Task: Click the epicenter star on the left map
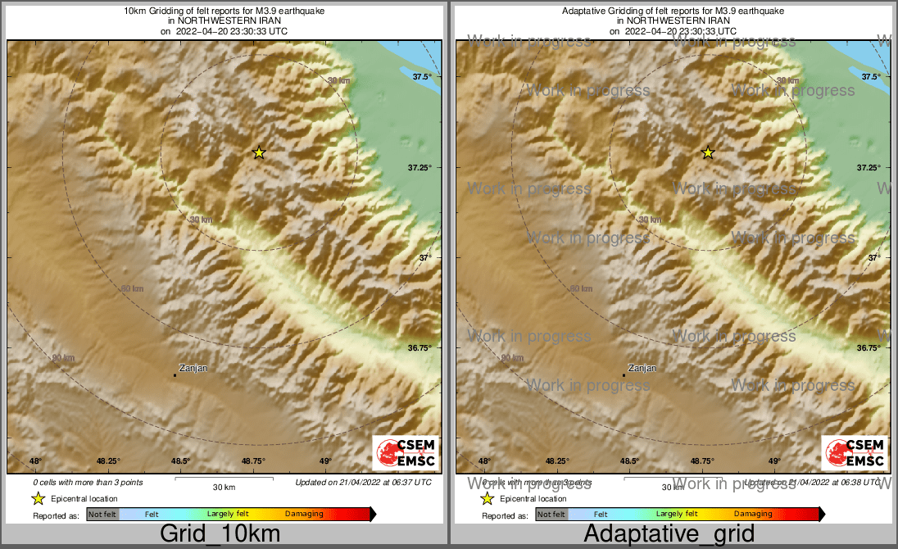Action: pyautogui.click(x=259, y=152)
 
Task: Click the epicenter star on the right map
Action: pyautogui.click(x=708, y=152)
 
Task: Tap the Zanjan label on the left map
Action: pyautogui.click(x=193, y=368)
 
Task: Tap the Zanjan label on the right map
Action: pyautogui.click(x=642, y=368)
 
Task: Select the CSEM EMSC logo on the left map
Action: pyautogui.click(x=406, y=453)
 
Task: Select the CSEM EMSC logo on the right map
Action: pyautogui.click(x=855, y=453)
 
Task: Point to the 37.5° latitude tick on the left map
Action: pyautogui.click(x=422, y=77)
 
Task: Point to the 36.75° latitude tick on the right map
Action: pyautogui.click(x=869, y=348)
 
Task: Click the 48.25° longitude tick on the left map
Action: pyautogui.click(x=108, y=461)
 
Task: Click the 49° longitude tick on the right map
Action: pyautogui.click(x=774, y=461)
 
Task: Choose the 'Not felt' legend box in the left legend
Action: pyautogui.click(x=102, y=514)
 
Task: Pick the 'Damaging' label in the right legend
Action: pyautogui.click(x=753, y=514)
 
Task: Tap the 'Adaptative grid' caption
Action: pyautogui.click(x=669, y=534)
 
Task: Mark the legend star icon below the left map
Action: pyautogui.click(x=38, y=498)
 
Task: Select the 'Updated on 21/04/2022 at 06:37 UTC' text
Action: pyautogui.click(x=363, y=483)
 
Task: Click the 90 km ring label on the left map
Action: pyautogui.click(x=63, y=358)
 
